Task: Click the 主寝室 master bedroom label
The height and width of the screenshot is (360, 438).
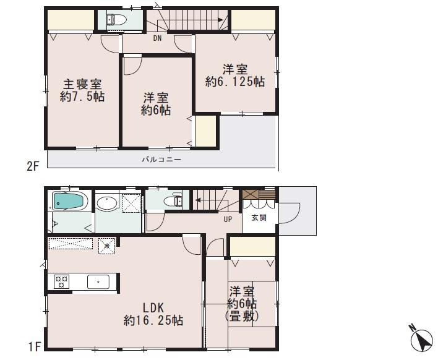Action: [x=82, y=85]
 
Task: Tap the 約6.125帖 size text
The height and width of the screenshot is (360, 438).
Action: [x=236, y=82]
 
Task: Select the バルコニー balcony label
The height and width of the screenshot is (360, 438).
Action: [x=161, y=160]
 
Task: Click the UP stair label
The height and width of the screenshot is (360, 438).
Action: [x=228, y=218]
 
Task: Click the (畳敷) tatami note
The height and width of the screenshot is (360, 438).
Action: [x=243, y=315]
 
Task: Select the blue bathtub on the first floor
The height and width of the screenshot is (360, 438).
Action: [x=69, y=200]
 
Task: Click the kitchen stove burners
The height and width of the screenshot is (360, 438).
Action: [x=62, y=282]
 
